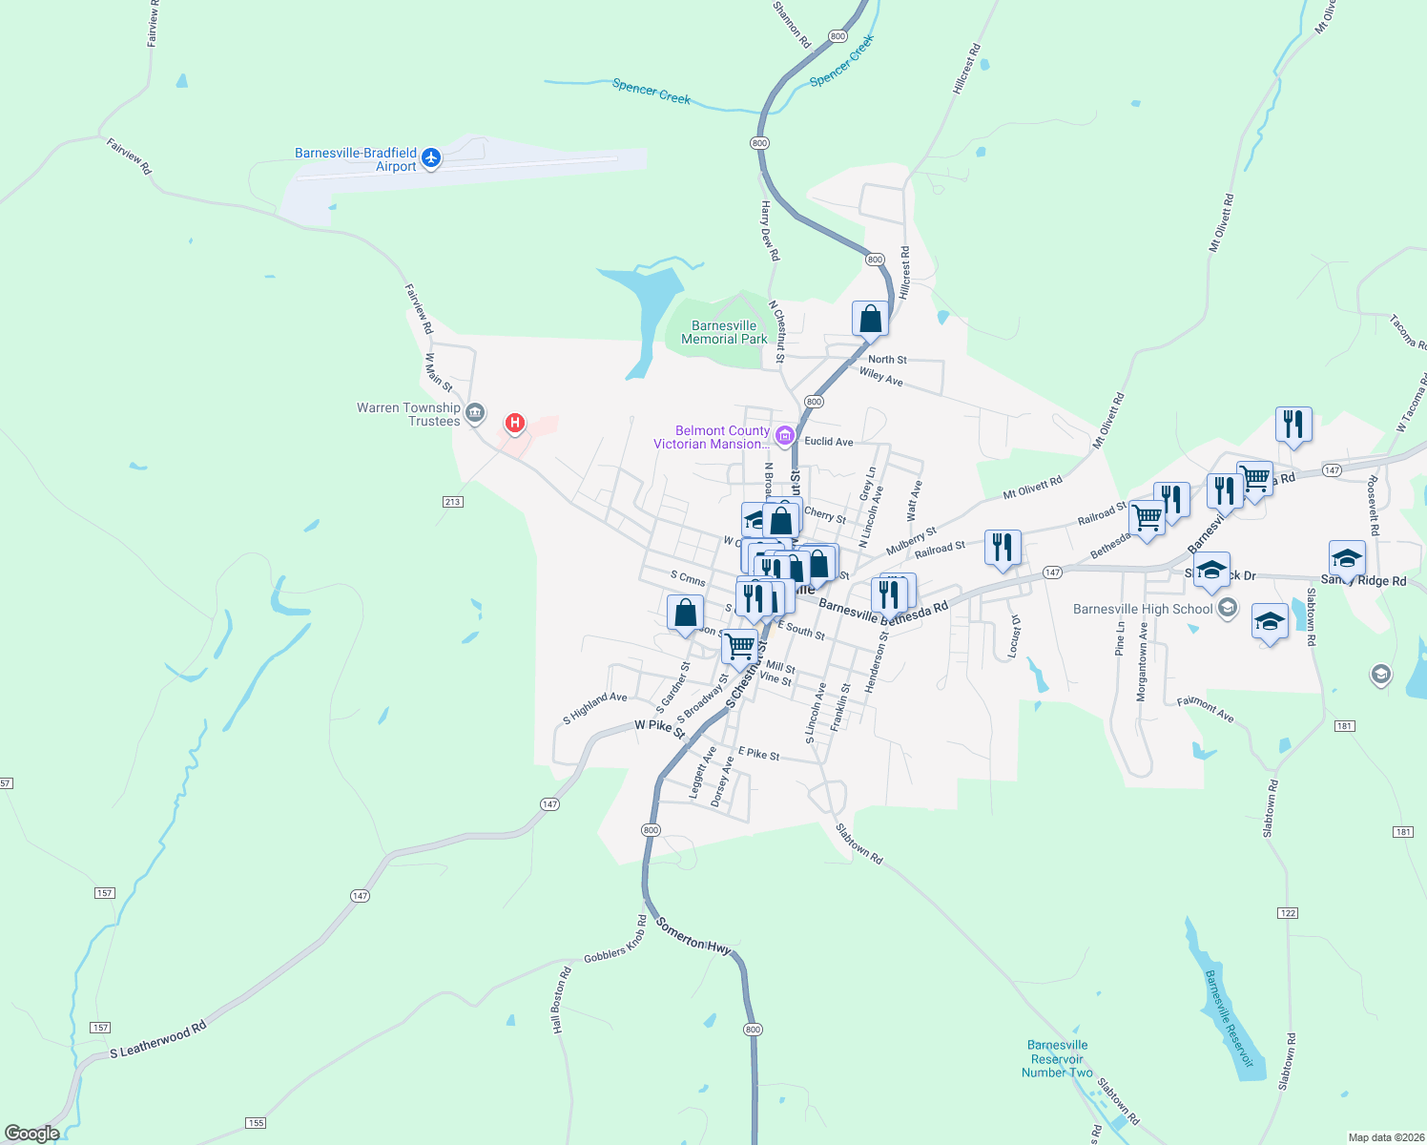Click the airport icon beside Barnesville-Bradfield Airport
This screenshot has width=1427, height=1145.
[431, 157]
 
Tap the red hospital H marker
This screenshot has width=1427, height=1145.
[515, 422]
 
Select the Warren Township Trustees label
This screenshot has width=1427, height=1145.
[408, 414]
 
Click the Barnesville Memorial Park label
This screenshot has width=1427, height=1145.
[724, 332]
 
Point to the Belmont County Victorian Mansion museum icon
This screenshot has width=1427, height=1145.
[785, 437]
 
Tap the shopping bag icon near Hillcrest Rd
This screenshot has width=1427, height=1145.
[870, 319]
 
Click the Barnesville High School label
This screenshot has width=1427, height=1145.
[1143, 609]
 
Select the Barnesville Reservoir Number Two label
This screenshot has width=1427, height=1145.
[1057, 1059]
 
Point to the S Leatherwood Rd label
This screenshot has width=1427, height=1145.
[158, 1040]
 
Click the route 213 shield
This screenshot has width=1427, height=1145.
[452, 502]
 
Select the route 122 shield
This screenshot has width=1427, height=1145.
[1288, 913]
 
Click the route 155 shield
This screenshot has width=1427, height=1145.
[256, 1123]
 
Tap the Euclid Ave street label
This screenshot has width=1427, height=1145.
[829, 442]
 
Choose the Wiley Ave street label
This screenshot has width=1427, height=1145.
[880, 377]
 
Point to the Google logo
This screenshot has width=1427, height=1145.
[32, 1134]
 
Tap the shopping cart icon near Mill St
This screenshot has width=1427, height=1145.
[740, 647]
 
